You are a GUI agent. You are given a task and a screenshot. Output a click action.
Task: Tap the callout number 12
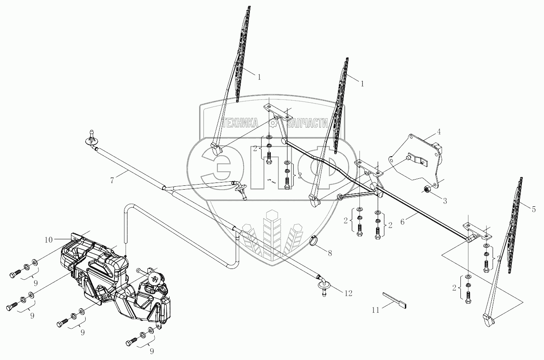point(348,294)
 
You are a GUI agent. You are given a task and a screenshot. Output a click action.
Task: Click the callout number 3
point(445,201)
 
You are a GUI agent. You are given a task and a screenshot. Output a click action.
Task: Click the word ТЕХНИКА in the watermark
point(241,122)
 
